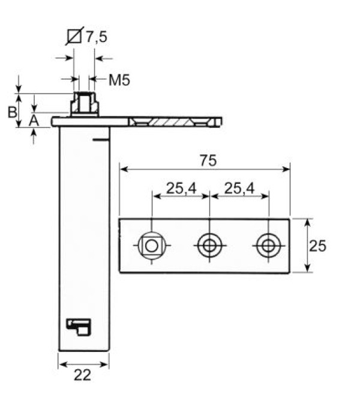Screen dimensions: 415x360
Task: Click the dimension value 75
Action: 209,160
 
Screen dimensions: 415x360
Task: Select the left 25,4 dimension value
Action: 181,188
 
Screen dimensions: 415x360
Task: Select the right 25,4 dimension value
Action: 239,188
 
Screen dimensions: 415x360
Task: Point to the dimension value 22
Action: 83,375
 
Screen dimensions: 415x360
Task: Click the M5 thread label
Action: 119,79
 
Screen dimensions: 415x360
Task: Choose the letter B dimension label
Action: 11,112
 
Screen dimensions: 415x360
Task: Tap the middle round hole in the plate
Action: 209,245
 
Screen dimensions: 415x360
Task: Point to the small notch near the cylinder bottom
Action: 78,326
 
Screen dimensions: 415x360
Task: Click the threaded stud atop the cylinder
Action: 84,104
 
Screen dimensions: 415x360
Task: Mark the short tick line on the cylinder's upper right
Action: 101,139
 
